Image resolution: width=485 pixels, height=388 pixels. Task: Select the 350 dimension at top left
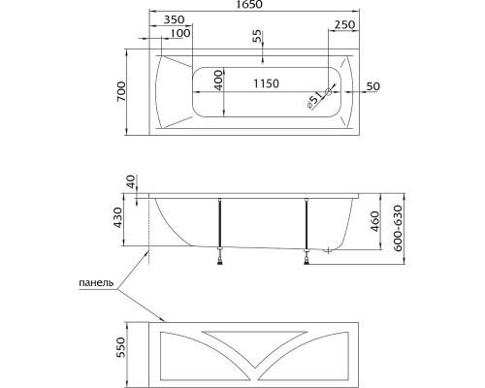point(175,19)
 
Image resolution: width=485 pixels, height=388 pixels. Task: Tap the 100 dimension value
point(179,34)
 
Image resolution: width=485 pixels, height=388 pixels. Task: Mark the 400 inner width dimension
point(220,80)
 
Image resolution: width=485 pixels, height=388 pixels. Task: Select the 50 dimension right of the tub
point(373,86)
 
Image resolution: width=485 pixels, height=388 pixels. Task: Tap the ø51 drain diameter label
point(314,98)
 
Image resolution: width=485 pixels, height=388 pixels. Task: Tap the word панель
point(97,284)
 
